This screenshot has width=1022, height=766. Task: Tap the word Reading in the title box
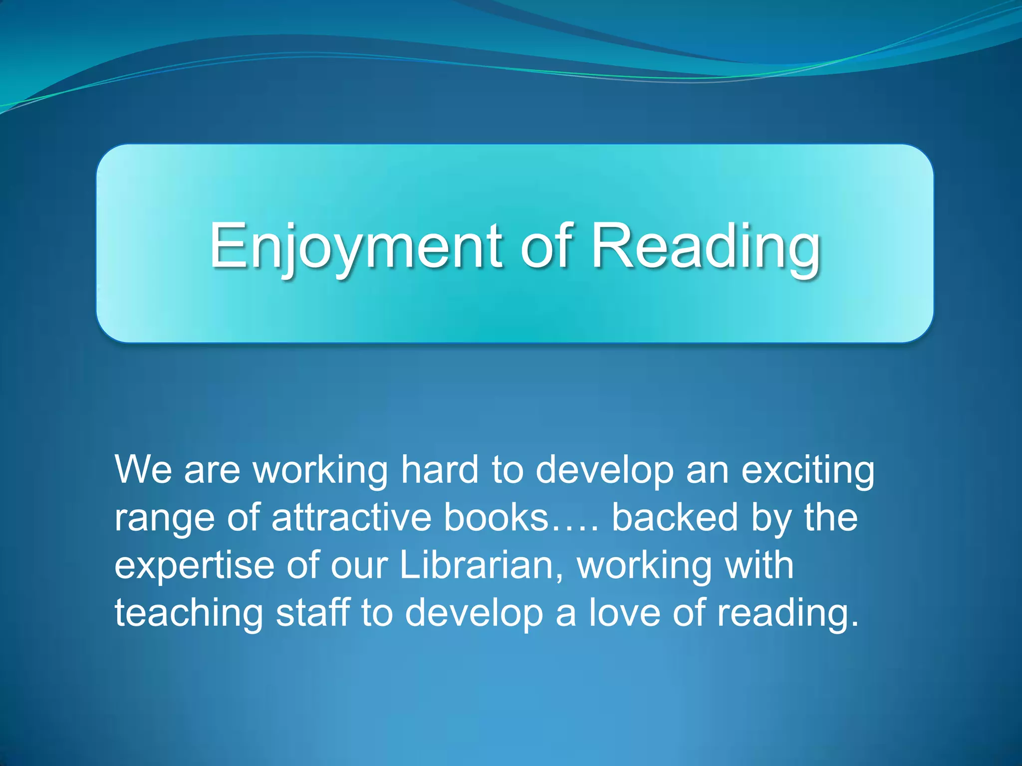[706, 246]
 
